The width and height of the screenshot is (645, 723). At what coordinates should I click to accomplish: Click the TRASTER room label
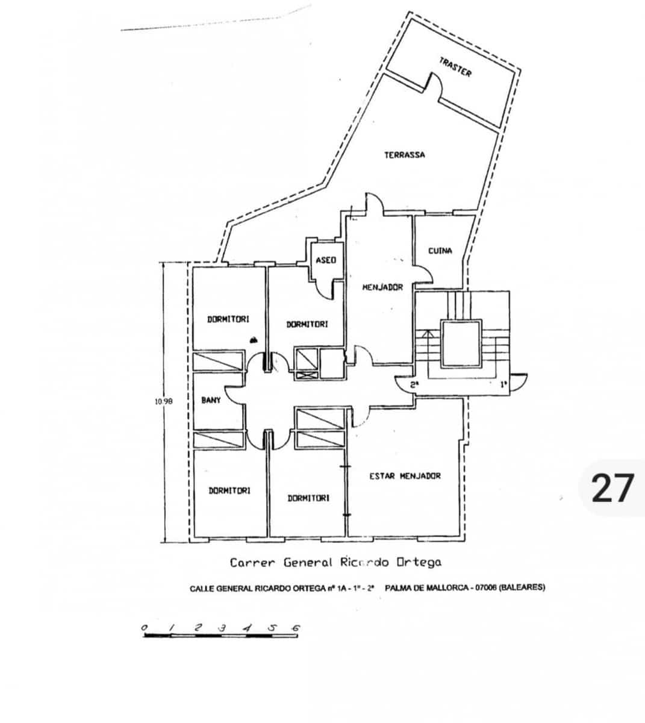pos(455,67)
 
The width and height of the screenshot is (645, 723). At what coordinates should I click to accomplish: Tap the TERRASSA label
pos(405,155)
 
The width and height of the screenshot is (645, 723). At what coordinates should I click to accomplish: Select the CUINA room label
pos(440,251)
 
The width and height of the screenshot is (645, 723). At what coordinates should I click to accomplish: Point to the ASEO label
pos(326,260)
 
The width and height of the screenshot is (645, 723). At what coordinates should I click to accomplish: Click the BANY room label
pos(211,400)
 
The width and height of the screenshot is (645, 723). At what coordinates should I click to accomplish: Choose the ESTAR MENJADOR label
pos(405,476)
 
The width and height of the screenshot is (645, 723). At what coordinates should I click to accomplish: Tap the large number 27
pos(613,488)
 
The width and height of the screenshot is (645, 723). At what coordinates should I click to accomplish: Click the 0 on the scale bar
pos(145,628)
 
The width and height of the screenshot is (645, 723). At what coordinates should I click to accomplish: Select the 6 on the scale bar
pos(295,628)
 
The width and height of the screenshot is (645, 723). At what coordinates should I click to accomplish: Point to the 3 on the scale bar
pos(222,628)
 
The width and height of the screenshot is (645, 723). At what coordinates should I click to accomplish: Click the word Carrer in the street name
pos(252,563)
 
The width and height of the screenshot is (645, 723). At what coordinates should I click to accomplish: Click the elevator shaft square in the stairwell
pos(462,344)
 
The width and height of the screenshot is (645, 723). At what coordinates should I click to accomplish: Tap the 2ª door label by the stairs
pos(414,384)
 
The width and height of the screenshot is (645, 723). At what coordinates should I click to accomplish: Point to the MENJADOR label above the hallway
pos(382,287)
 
